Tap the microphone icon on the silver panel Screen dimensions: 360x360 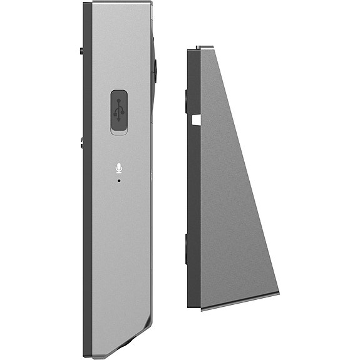tap(118, 167)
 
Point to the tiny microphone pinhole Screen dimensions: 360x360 tap(119, 180)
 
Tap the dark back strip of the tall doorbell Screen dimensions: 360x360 tap(88, 188)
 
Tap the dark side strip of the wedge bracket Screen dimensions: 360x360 tap(194, 188)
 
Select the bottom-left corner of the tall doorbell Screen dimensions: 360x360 tap(85, 354)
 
